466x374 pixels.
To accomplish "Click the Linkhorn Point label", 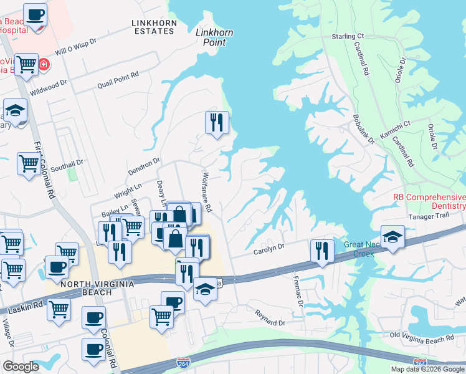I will point(211,37).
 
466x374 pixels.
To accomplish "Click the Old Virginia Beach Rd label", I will point(422,337).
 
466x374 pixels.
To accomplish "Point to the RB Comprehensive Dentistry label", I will point(429,201).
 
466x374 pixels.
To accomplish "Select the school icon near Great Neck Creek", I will point(392,237).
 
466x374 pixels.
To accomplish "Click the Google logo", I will point(21,367).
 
